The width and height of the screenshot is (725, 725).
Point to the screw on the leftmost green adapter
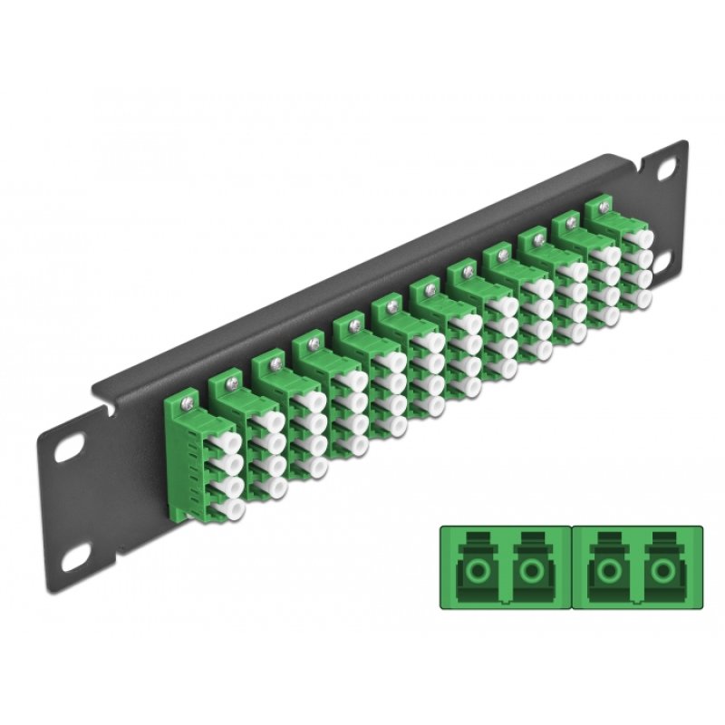tap(188, 395)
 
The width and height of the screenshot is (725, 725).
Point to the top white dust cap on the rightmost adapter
tap(643, 237)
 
